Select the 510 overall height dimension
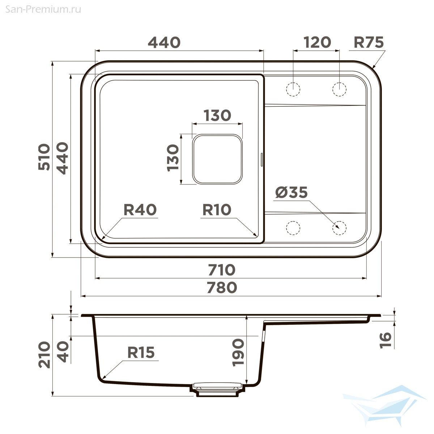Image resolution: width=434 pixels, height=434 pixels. [x=44, y=157]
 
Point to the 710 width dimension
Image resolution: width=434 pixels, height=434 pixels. [x=222, y=270]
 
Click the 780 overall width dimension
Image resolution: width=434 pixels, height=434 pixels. [x=222, y=288]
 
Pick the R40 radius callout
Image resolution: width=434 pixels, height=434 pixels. [x=140, y=210]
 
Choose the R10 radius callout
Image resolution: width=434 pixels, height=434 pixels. [x=217, y=210]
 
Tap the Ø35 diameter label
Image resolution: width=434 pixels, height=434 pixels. [x=291, y=192]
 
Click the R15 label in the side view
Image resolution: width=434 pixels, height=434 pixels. [x=141, y=353]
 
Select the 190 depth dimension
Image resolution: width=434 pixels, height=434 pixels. [x=238, y=353]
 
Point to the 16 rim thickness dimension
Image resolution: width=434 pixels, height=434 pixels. [x=386, y=341]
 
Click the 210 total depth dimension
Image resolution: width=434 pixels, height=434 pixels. [x=44, y=355]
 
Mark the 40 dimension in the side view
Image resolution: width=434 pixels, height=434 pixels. [x=62, y=352]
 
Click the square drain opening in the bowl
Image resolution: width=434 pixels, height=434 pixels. [x=217, y=159]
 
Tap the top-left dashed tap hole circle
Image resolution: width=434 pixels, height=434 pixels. [x=293, y=89]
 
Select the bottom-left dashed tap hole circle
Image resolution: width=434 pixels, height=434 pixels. [x=293, y=228]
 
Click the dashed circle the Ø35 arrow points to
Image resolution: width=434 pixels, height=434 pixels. [x=339, y=228]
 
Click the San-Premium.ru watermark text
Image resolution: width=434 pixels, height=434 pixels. [x=43, y=9]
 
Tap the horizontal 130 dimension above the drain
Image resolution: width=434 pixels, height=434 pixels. [x=217, y=115]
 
